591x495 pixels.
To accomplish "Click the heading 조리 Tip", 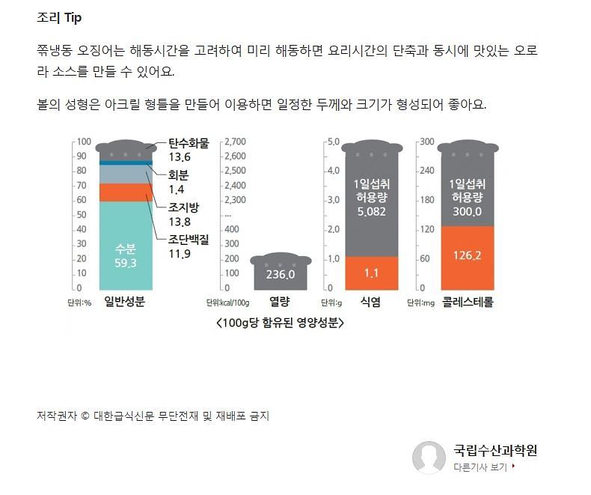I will point(59,17).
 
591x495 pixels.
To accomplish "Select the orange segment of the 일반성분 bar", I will point(126,192).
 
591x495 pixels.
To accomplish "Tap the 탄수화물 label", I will point(189,143).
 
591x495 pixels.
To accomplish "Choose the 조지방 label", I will point(183,207).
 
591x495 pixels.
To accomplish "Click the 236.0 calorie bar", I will point(281,274).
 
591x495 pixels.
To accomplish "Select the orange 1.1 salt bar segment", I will point(371,273).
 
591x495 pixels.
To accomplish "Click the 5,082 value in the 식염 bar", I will point(371,212).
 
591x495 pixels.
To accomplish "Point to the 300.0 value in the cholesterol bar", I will point(467,212).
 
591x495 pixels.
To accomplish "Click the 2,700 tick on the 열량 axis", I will point(236,142).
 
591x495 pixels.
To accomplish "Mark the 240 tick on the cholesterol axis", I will point(426,171).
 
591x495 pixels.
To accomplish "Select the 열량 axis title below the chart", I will point(279,303).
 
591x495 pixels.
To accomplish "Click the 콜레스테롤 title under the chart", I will point(468,303).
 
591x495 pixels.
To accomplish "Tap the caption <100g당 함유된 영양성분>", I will point(279,324).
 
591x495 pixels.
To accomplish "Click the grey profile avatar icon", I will point(429,457).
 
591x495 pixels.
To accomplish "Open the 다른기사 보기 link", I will point(483,467).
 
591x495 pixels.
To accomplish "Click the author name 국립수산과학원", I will point(495,450).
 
